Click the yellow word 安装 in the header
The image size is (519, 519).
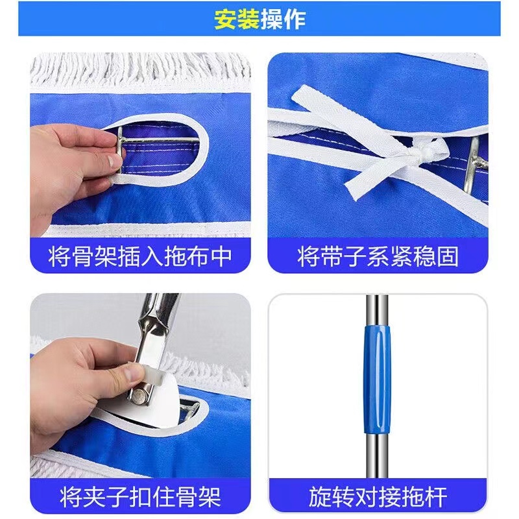(x=237, y=19)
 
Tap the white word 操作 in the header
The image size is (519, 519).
(x=283, y=19)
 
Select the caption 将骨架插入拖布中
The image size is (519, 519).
(x=140, y=256)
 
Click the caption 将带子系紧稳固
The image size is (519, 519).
(x=378, y=256)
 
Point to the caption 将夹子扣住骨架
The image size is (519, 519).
(x=140, y=496)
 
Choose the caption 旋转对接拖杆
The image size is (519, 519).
(x=378, y=496)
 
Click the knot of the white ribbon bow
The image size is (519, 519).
(x=426, y=153)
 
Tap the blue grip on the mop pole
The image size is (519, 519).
(x=378, y=380)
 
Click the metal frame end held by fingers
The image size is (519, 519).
(x=120, y=153)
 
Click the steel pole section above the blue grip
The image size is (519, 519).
(x=377, y=310)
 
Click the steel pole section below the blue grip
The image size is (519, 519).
(x=377, y=455)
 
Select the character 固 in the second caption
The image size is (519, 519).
(x=448, y=256)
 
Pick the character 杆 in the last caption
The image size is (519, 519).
(x=435, y=496)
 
